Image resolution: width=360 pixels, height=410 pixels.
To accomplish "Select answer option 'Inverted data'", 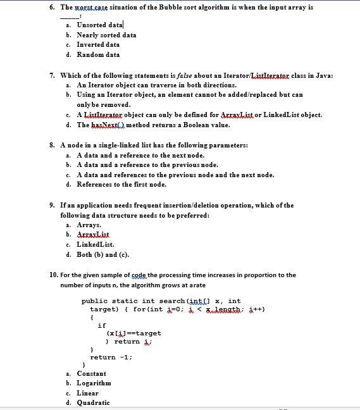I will pos(98,45).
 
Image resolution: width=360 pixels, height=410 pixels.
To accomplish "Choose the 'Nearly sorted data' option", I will pos(106,35).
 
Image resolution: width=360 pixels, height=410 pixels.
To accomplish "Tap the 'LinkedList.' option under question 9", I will pos(95,244).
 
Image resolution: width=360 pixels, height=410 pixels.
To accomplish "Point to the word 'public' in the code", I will pos(94,301).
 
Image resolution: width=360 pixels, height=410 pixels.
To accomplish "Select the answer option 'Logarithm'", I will pos(94,383).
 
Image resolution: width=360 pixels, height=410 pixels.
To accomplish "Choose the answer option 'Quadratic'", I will pos(93,402).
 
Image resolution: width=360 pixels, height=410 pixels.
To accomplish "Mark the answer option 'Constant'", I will pos(91,373).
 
